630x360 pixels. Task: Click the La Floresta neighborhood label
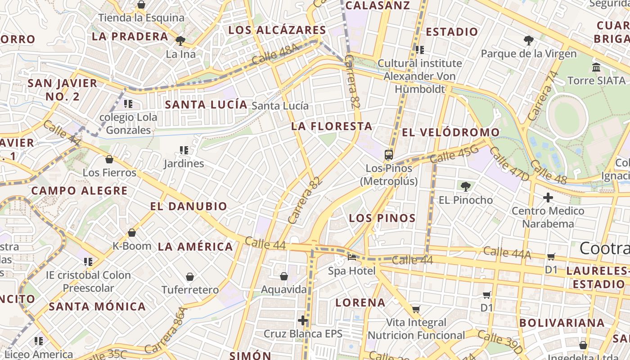click(332, 126)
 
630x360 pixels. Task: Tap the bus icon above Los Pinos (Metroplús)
click(389, 155)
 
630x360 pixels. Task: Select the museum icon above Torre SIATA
click(596, 67)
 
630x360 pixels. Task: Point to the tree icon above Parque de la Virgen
click(529, 40)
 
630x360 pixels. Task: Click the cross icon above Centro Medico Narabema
click(548, 197)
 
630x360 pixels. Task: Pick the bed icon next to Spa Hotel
click(352, 257)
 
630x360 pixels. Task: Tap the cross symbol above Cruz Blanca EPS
click(303, 320)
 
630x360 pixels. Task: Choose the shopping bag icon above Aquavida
click(284, 276)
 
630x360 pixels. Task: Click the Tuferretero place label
click(190, 290)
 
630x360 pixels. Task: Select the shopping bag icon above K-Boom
click(132, 233)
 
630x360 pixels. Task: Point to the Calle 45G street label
click(454, 154)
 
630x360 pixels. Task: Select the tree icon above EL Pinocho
click(465, 186)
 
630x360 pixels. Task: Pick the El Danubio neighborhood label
click(189, 207)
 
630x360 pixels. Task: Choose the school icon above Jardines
click(184, 150)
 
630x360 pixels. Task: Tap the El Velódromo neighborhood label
click(450, 132)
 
